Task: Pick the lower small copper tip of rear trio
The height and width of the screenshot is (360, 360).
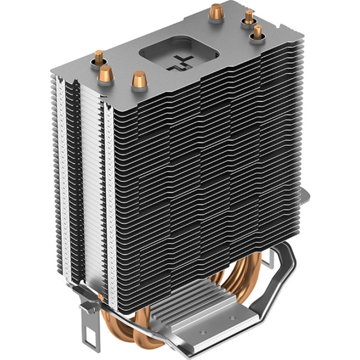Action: pyautogui.click(x=257, y=33)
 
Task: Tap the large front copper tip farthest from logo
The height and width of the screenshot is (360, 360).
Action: pyautogui.click(x=106, y=73)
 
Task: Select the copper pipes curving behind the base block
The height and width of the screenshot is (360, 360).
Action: pyautogui.click(x=234, y=279)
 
